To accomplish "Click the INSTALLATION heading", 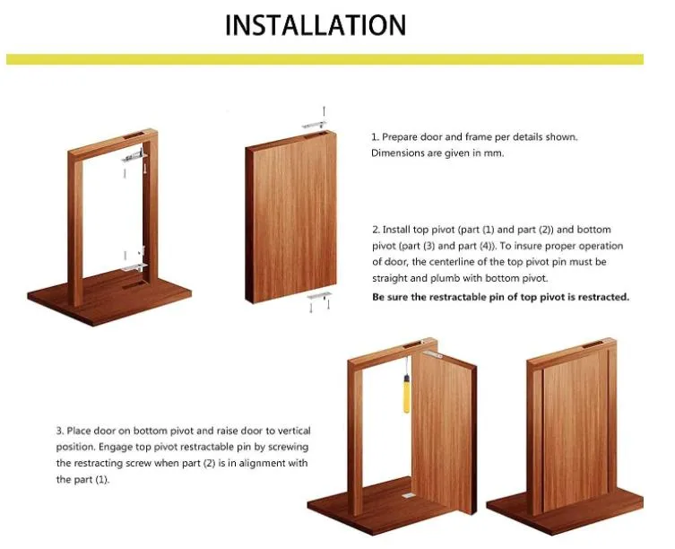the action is (x=316, y=25).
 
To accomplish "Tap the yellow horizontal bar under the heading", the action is (x=325, y=59).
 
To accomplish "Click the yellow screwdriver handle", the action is (x=406, y=395).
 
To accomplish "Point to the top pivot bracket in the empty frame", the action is (x=134, y=156).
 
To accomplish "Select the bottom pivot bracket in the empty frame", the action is (x=134, y=267).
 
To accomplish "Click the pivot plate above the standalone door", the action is (x=314, y=125).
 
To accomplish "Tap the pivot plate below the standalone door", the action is (x=319, y=296).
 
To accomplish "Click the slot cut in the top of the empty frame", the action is (x=134, y=135).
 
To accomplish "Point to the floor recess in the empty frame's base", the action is (x=133, y=285).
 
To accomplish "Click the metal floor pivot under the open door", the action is (x=408, y=496).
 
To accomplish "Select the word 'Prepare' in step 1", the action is (x=400, y=137).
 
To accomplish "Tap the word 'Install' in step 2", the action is (x=396, y=230).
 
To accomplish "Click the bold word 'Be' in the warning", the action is (x=378, y=297).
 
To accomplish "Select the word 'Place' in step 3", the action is (x=79, y=431).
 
